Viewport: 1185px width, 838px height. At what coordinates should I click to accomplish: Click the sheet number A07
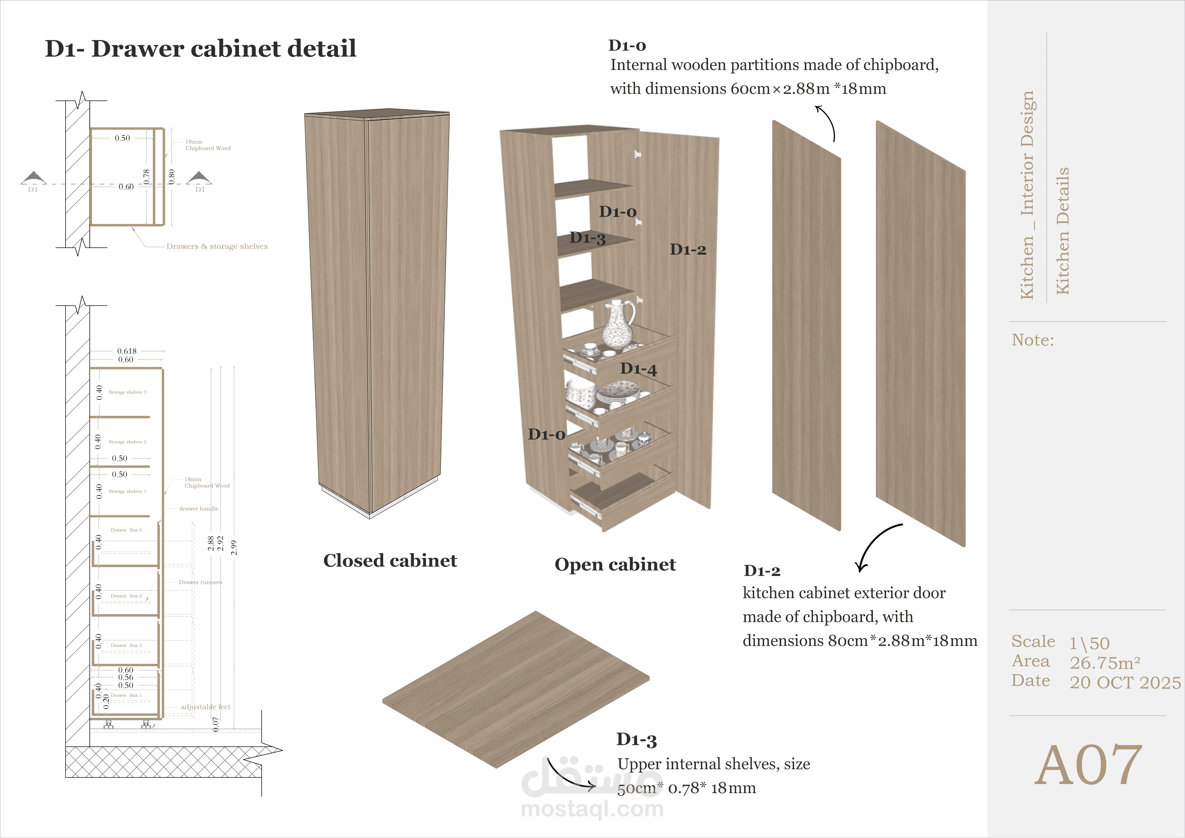point(1088,765)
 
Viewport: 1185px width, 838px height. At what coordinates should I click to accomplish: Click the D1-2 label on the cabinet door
point(687,250)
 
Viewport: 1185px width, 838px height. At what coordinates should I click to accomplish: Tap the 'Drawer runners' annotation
point(200,582)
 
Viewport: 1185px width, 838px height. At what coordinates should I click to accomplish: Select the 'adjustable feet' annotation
point(206,707)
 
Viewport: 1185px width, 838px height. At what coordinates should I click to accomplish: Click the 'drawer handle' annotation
point(199,509)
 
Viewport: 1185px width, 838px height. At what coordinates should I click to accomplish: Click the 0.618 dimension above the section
point(126,351)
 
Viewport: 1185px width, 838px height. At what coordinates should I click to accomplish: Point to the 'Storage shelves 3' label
point(127,392)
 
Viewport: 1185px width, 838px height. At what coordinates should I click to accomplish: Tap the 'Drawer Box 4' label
point(126,530)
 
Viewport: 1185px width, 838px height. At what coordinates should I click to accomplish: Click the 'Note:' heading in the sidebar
point(1032,340)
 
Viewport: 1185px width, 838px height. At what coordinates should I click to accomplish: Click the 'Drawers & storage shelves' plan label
point(217,247)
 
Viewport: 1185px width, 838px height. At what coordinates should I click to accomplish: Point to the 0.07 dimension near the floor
point(216,724)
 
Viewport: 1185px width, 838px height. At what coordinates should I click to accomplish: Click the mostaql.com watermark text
point(592,809)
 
